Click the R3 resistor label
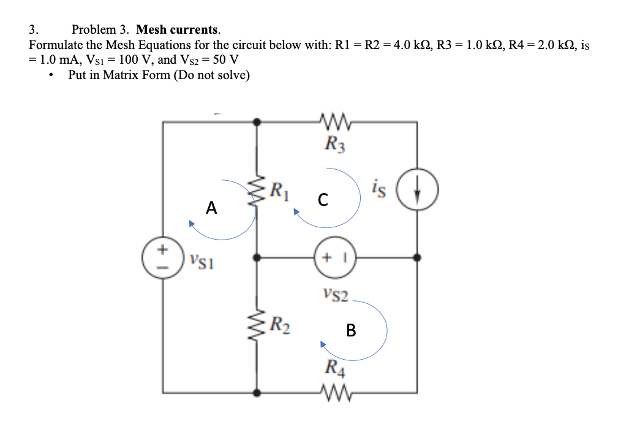335,145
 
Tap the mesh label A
211,208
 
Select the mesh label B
350,331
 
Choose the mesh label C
323,199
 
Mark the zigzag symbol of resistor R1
258,191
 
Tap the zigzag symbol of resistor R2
258,324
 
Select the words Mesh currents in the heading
178,29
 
